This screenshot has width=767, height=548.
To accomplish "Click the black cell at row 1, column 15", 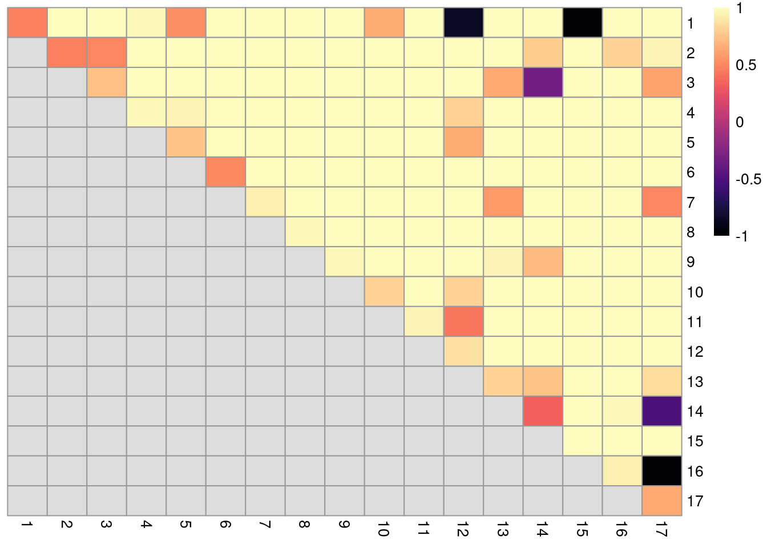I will tap(582, 23).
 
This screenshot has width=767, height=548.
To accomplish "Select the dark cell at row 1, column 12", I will tap(463, 23).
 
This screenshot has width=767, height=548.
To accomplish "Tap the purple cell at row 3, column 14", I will tap(543, 82).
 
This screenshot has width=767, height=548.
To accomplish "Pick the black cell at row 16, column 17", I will tap(662, 471).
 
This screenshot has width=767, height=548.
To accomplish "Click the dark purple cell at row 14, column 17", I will tap(662, 411).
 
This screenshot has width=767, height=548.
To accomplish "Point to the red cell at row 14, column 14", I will tap(543, 411).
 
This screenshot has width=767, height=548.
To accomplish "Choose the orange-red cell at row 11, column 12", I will tap(463, 321).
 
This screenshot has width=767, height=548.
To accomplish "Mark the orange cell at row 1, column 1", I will tap(27, 23).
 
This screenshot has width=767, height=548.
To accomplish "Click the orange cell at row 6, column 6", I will tap(225, 172).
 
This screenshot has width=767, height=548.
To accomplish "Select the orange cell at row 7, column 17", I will tap(662, 202).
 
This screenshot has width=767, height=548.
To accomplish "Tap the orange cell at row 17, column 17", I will tap(662, 501).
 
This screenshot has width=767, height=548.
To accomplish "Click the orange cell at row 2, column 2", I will tap(67, 53).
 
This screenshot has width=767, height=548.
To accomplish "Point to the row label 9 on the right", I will tap(691, 262).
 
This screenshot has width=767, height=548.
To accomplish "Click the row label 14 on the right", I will tap(695, 412).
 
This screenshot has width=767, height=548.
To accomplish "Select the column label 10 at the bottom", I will tap(383, 529).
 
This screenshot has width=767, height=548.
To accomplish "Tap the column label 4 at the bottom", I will tap(146, 524).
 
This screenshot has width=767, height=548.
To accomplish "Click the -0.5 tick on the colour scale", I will tap(748, 179).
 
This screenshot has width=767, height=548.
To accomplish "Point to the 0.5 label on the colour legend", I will tap(746, 65).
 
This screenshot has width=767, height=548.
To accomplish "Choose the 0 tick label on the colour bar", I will tap(740, 122).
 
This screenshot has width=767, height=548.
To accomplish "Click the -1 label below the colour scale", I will tap(741, 236).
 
